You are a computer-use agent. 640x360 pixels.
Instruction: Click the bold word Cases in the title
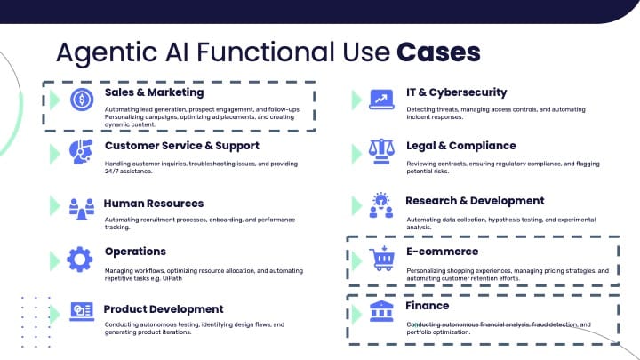point(438,52)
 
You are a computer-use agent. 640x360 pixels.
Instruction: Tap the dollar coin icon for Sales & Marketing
point(81,100)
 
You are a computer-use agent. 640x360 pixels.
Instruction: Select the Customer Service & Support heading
point(181,146)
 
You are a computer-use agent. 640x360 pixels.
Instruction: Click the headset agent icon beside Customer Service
point(80,152)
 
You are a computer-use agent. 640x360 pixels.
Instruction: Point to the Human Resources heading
point(154,204)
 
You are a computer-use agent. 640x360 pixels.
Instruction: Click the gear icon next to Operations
point(80,259)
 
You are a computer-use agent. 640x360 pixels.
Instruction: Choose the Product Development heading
point(164,309)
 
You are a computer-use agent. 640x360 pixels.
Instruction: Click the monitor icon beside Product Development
point(81,312)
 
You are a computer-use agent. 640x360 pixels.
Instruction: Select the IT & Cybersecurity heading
point(456,92)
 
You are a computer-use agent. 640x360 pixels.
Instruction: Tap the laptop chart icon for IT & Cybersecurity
point(381,100)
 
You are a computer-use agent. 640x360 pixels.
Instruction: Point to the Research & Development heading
point(475,201)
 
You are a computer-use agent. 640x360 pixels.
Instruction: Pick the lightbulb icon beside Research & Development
point(381,205)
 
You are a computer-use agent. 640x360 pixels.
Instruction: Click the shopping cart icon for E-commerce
point(382,260)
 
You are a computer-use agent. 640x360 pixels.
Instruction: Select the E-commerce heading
point(443,252)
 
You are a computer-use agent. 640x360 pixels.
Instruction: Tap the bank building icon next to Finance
point(382,312)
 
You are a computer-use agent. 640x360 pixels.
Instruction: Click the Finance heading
point(428,306)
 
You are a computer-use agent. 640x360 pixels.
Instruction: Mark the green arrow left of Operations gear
point(55,260)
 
